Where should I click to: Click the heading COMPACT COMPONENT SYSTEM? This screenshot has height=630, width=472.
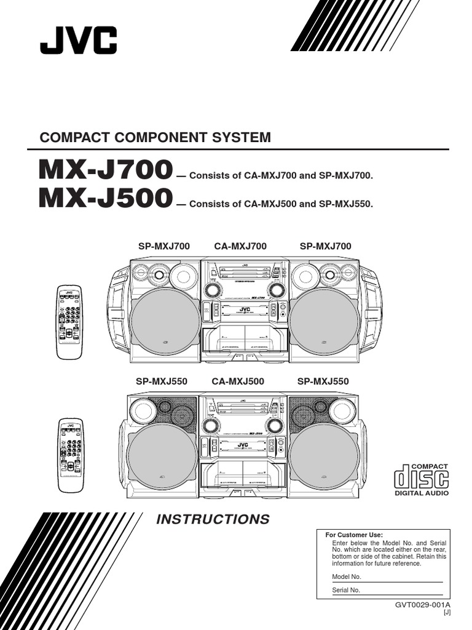click(155, 138)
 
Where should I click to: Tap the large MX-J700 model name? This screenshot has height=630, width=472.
click(105, 171)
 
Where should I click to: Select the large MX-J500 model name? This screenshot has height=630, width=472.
click(105, 198)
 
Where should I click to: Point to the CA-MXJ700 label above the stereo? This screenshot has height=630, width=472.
click(240, 247)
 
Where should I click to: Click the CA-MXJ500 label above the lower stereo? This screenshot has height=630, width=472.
click(238, 381)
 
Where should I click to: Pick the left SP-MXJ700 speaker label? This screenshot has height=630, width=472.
click(164, 247)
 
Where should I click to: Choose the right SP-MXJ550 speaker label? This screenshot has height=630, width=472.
click(323, 381)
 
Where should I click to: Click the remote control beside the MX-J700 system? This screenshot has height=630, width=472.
click(69, 322)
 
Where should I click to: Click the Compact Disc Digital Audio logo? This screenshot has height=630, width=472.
click(421, 479)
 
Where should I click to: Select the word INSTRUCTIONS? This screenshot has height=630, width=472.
click(213, 519)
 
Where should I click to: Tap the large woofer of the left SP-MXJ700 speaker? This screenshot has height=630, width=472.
click(165, 322)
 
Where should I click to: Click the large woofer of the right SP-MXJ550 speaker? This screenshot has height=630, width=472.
click(324, 457)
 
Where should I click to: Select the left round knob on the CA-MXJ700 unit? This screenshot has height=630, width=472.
click(213, 290)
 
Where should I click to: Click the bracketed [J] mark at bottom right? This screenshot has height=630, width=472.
click(447, 613)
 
